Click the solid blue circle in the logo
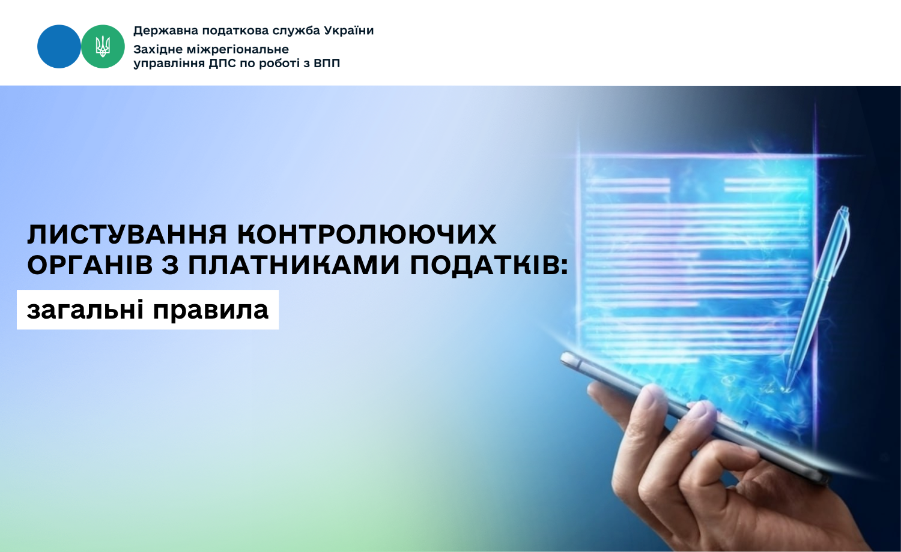59,47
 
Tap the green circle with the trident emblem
103,47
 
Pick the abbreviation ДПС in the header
222,64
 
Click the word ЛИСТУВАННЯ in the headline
127,235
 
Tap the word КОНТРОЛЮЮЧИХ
367,235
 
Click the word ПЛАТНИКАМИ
294,265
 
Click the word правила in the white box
210,311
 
